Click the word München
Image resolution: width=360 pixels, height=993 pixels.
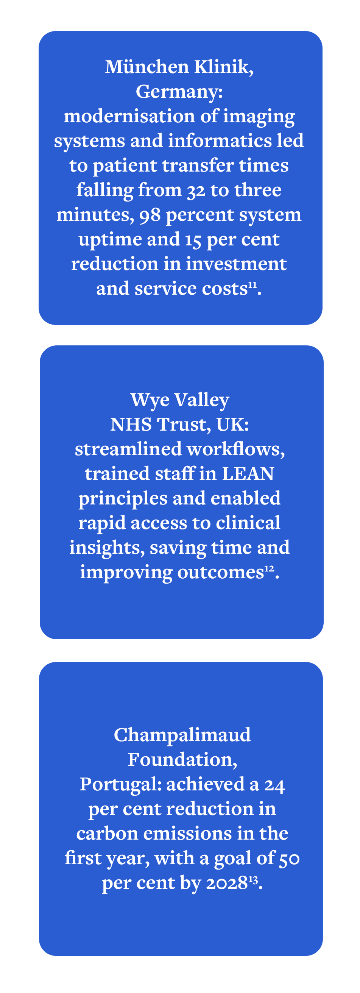click(147, 67)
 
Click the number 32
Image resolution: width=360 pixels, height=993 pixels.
click(196, 190)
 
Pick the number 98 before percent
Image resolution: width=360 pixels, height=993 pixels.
click(150, 215)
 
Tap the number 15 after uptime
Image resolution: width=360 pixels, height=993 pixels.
click(193, 240)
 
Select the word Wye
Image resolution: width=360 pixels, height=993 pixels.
click(150, 400)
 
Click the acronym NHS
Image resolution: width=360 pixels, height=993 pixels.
click(131, 425)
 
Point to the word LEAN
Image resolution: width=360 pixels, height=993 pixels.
click(248, 474)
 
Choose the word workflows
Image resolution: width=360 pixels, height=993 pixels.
click(235, 449)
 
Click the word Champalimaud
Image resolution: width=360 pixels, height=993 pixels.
click(182, 735)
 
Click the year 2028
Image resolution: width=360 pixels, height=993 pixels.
click(227, 883)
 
